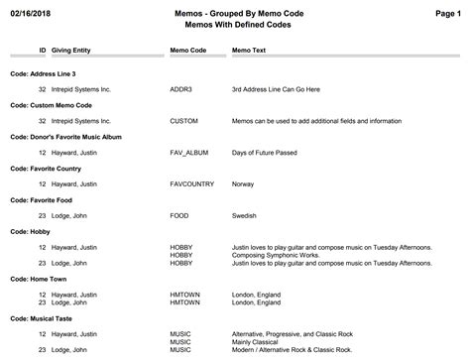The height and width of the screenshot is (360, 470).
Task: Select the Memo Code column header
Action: pyautogui.click(x=187, y=49)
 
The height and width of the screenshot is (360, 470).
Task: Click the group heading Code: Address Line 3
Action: pyautogui.click(x=43, y=73)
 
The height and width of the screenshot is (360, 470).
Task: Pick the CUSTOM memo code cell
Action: pyautogui.click(x=184, y=121)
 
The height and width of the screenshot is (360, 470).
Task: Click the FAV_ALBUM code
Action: pyautogui.click(x=189, y=153)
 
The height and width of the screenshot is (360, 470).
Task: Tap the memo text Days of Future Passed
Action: pyautogui.click(x=265, y=153)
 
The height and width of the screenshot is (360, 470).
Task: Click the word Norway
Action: pyautogui.click(x=243, y=184)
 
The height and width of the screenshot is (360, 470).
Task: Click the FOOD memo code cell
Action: pyautogui.click(x=179, y=216)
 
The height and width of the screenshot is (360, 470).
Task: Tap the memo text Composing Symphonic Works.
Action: pyautogui.click(x=274, y=256)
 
